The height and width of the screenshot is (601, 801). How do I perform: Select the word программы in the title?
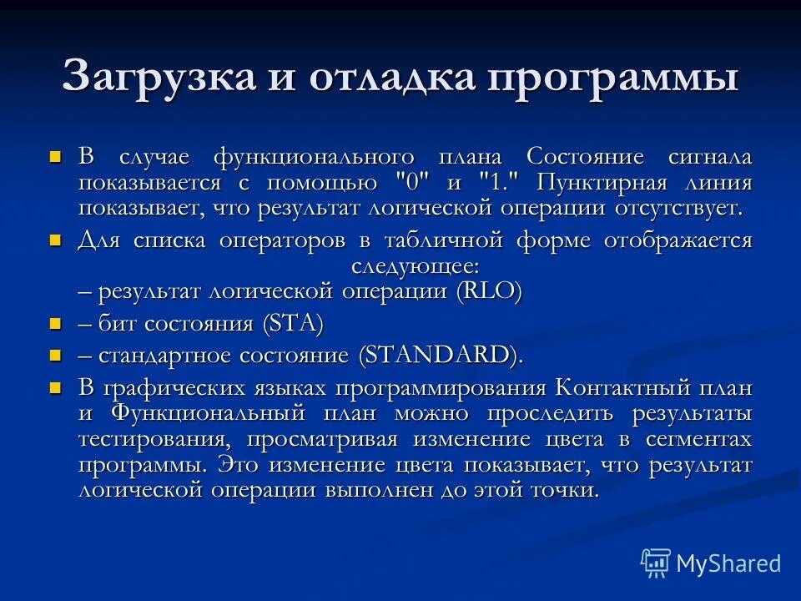tap(613, 78)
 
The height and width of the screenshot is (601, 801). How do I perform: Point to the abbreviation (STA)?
tap(292, 324)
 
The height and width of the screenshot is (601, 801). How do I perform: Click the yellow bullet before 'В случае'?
tap(56, 156)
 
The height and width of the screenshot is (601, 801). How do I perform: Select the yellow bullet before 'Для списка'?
tap(56, 240)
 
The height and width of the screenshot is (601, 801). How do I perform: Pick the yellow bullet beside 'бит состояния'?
tap(56, 323)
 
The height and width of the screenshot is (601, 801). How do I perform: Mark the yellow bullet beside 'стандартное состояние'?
tap(56, 354)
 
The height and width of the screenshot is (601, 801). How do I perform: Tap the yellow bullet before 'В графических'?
tap(56, 387)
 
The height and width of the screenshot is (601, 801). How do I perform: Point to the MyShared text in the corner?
tap(728, 563)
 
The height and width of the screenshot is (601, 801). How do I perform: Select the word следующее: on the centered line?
tap(415, 266)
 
